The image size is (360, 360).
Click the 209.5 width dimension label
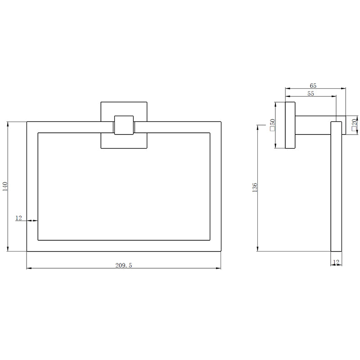tap(123, 265)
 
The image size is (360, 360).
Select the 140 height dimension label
tap(5, 186)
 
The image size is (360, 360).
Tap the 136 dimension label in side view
tap(255, 187)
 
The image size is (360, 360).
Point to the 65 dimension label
tap(313, 85)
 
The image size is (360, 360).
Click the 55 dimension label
tap(310, 94)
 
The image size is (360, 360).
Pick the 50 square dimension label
tap(273, 125)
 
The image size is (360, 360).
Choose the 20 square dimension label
tap(354, 125)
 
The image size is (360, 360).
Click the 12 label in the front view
tap(18, 218)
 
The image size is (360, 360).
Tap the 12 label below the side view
tap(336, 262)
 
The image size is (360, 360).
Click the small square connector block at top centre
tap(124, 125)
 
